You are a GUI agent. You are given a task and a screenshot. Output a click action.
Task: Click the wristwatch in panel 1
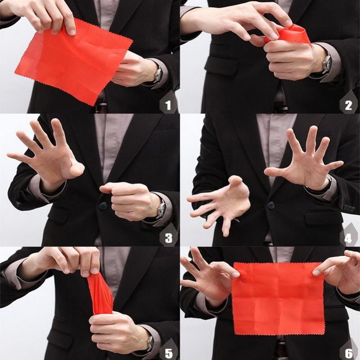click(158, 75)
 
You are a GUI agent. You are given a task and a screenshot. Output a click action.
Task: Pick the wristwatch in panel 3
click(161, 209)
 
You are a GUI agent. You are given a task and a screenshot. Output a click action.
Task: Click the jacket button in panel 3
click(103, 206)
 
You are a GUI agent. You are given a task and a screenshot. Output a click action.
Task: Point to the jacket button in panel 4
click(271, 205)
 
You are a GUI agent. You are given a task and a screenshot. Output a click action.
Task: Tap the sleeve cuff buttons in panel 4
click(348, 208)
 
